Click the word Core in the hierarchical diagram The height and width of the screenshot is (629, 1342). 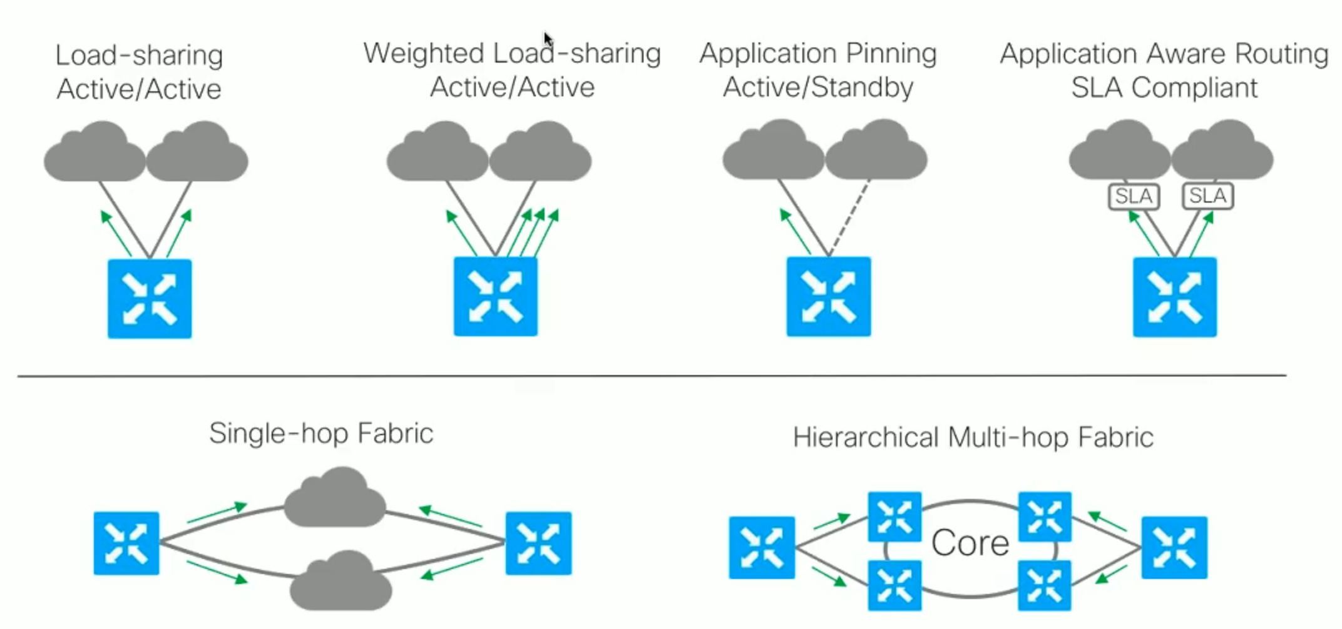pyautogui.click(x=970, y=543)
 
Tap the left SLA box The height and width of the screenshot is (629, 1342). pyautogui.click(x=1134, y=196)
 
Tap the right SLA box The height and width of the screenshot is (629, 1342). pyautogui.click(x=1207, y=196)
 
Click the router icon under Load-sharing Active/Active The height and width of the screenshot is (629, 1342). pyautogui.click(x=150, y=299)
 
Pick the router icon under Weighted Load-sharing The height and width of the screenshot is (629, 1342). pyautogui.click(x=496, y=296)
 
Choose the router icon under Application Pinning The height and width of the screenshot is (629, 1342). pyautogui.click(x=829, y=296)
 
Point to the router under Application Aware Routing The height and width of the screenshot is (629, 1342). pyautogui.click(x=1175, y=297)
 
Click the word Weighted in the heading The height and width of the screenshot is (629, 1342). pyautogui.click(x=424, y=53)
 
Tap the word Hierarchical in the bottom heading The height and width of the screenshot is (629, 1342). pyautogui.click(x=866, y=437)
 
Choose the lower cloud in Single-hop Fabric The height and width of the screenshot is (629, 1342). pyautogui.click(x=341, y=581)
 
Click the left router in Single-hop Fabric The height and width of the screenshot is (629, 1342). pyautogui.click(x=126, y=543)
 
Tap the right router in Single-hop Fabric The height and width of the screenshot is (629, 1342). pyautogui.click(x=538, y=543)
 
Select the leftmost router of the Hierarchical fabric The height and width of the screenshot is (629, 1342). pyautogui.click(x=762, y=547)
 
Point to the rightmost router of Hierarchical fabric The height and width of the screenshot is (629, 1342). pyautogui.click(x=1174, y=547)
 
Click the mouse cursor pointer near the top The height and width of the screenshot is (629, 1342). pyautogui.click(x=548, y=39)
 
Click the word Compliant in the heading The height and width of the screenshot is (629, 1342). pyautogui.click(x=1194, y=88)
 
